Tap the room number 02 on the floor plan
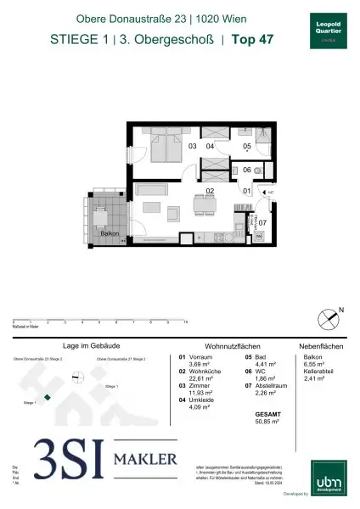(x=208, y=193)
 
